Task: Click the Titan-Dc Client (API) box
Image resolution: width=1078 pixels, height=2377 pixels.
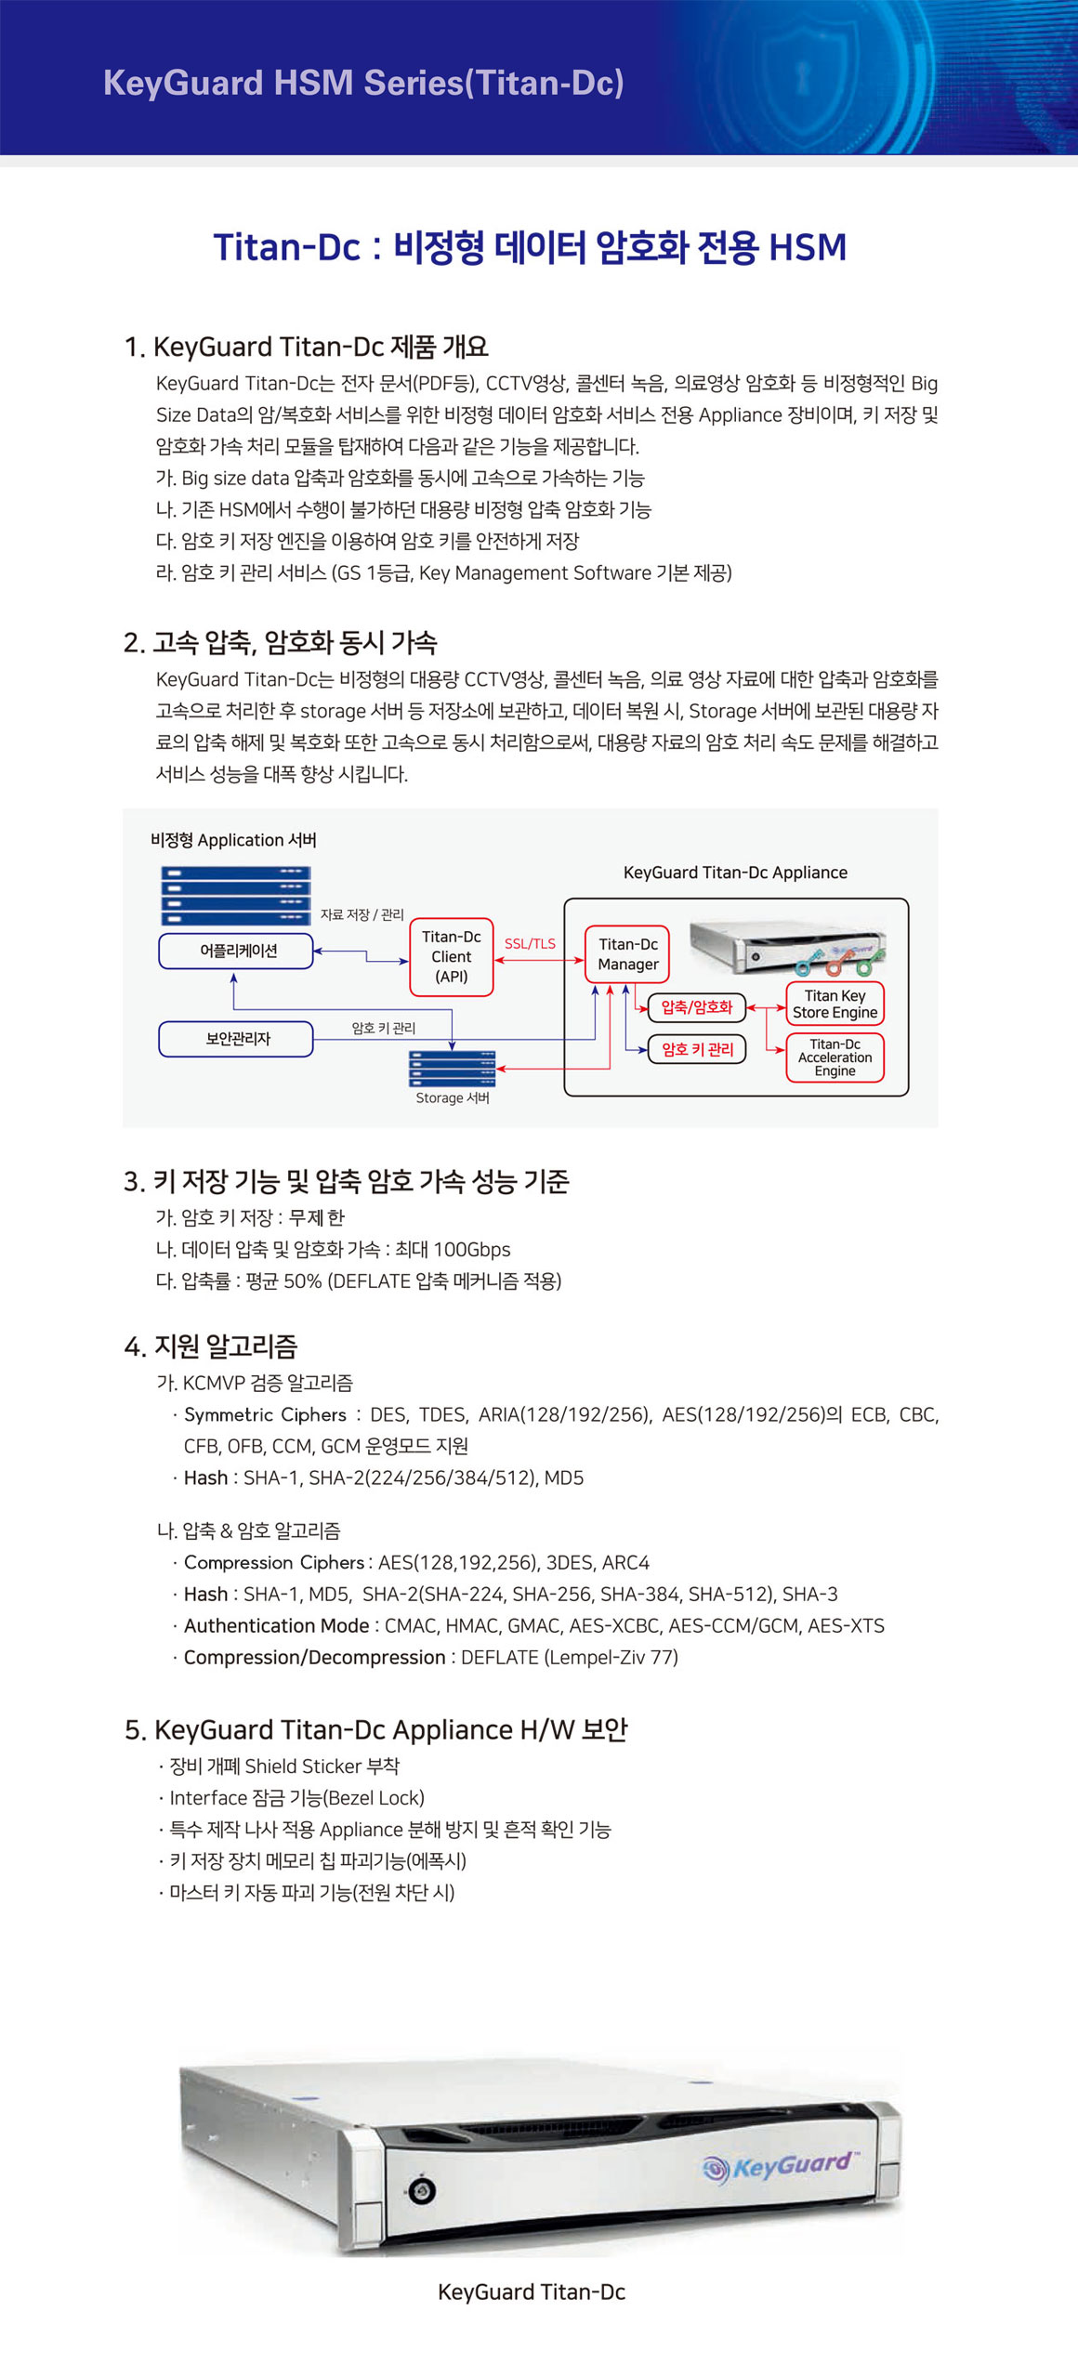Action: tap(451, 956)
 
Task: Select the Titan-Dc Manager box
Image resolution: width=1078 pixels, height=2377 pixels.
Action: tap(627, 954)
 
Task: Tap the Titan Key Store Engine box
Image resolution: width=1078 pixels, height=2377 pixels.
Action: tap(835, 1004)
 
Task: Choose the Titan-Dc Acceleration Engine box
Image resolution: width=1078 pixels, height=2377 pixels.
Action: tap(835, 1057)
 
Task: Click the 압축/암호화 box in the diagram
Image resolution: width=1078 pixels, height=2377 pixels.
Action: tap(696, 1007)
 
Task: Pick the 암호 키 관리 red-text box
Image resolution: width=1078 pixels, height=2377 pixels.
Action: tap(697, 1049)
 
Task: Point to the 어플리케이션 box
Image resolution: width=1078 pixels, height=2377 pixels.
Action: tap(237, 951)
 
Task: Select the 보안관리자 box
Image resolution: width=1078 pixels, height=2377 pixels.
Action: tap(237, 1039)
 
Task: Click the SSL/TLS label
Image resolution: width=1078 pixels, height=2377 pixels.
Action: tap(530, 943)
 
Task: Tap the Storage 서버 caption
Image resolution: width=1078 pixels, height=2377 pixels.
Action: tap(453, 1097)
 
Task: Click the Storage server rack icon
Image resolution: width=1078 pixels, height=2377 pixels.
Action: tap(452, 1068)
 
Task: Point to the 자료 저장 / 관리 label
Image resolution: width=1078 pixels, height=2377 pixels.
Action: tap(362, 914)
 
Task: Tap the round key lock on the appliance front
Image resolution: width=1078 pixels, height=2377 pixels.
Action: tap(421, 2191)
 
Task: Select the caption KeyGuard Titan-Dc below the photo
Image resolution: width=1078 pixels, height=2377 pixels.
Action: tap(531, 2292)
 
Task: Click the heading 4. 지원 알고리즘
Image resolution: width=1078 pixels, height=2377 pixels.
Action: tap(210, 1346)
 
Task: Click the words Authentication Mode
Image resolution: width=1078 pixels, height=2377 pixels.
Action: tap(276, 1625)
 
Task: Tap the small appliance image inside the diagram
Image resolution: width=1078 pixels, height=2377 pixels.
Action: tap(786, 948)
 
